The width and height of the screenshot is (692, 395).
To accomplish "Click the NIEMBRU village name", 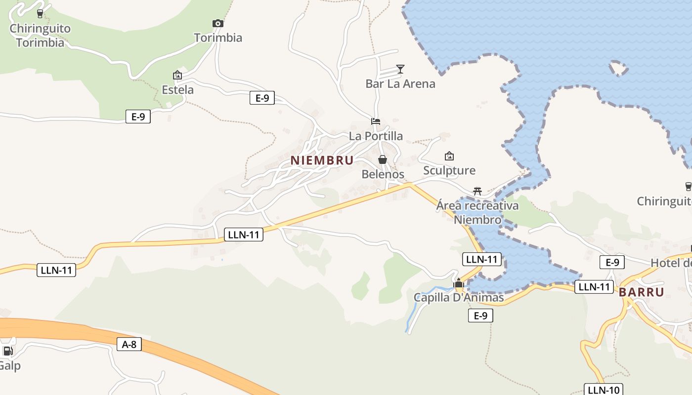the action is (322, 160).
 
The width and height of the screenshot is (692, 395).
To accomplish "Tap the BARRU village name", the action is (641, 292).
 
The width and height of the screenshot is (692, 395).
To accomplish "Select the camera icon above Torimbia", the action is (218, 23).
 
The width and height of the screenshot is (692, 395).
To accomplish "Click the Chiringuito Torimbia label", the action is (40, 35).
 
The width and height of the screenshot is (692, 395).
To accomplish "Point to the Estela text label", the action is (178, 90).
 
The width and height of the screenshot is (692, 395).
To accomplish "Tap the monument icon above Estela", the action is (177, 75).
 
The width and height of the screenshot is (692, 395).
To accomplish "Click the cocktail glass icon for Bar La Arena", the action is (400, 69).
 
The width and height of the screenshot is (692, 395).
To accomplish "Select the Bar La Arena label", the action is (400, 83).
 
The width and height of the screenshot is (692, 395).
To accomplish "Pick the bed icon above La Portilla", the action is (376, 121).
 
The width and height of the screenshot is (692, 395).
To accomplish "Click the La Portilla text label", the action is (376, 136).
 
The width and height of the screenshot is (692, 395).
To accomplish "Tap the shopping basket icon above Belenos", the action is (383, 159).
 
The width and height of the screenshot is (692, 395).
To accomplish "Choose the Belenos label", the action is (383, 174).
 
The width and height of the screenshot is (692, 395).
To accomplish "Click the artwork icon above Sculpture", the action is (449, 156).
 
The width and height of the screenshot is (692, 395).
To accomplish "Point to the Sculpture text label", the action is (449, 170).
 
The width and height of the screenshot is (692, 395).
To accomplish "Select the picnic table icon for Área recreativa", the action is (477, 191).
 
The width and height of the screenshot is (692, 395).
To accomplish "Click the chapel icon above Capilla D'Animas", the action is (459, 283).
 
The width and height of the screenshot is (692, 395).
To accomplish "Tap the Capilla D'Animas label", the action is (459, 298).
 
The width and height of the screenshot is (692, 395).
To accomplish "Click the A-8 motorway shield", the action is (129, 344).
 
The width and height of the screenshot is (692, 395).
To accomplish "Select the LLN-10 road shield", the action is (603, 390).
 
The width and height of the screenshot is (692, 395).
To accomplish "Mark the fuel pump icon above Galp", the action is (8, 351).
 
